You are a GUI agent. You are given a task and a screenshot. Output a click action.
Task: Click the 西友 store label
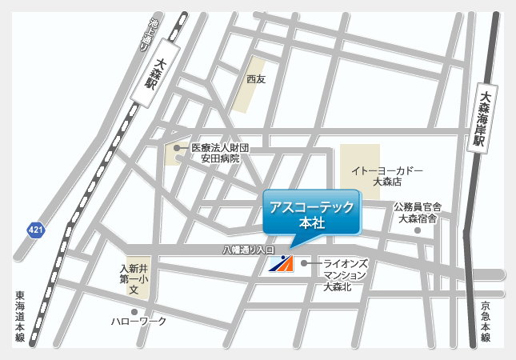coord(255,79)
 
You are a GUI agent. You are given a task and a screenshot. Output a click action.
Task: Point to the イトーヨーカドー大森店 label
coord(387,176)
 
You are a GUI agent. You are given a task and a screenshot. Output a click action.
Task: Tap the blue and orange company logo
coord(281,263)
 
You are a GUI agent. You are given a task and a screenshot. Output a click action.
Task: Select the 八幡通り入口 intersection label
coord(248,251)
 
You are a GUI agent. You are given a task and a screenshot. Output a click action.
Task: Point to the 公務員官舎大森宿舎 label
coord(418,212)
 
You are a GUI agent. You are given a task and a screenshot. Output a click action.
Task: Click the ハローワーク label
coord(139,321)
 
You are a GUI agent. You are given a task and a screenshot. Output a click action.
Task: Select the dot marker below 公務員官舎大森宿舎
coord(417,231)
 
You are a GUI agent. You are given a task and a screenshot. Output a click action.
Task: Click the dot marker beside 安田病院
coord(177,148)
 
